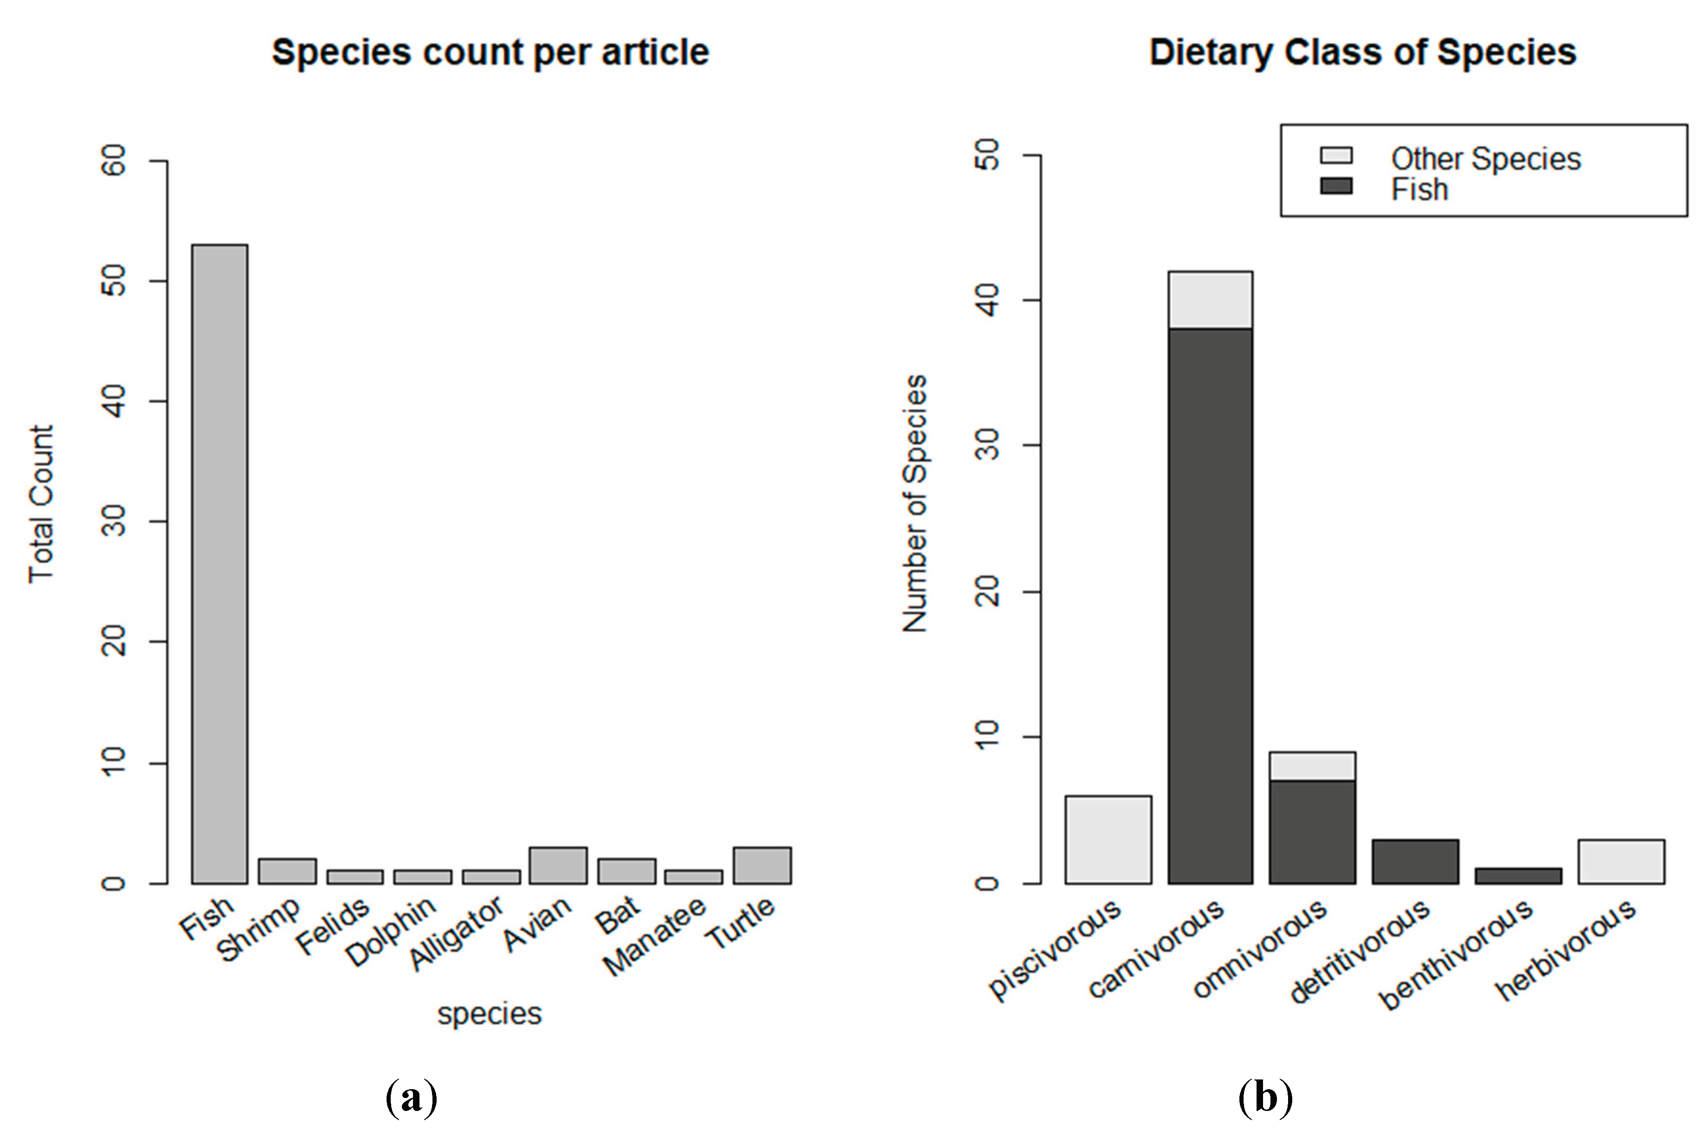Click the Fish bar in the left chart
[219, 564]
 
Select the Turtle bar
[762, 865]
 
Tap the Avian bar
[558, 865]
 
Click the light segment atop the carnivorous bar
[1210, 300]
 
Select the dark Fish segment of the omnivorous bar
[1312, 832]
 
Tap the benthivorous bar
[1518, 876]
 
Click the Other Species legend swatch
[1336, 156]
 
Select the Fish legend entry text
[1419, 189]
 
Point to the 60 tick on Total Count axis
[115, 160]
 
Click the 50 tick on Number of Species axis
[988, 155]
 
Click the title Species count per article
[490, 52]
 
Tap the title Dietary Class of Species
[1363, 52]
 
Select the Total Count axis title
[42, 504]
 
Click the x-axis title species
[489, 1013]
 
